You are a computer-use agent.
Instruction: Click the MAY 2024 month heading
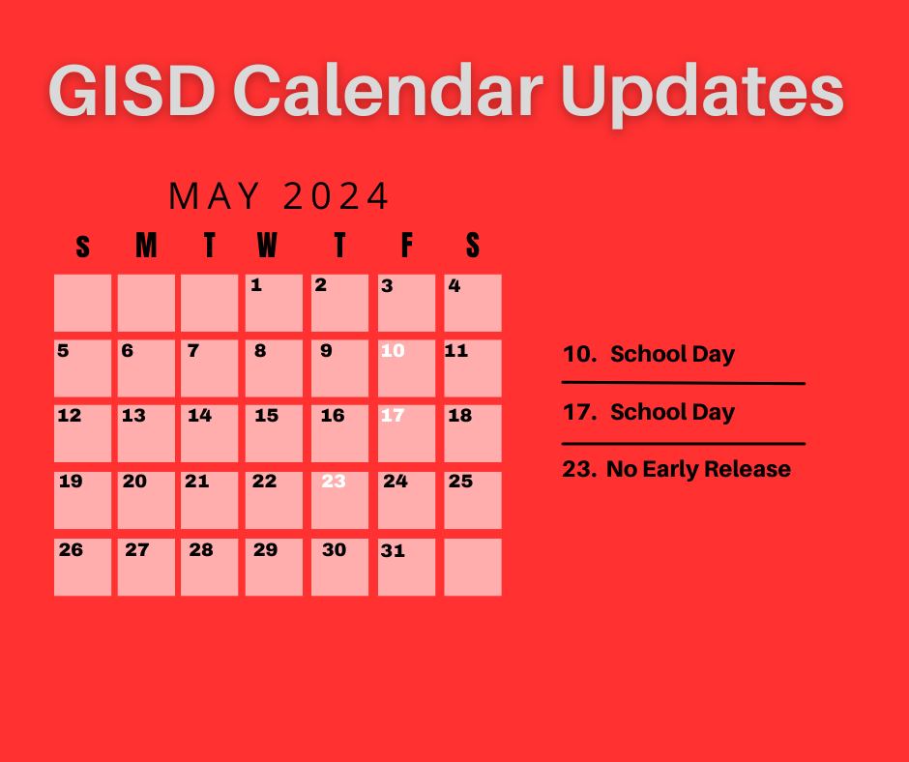pos(279,196)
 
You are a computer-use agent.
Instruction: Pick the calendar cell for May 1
pos(274,303)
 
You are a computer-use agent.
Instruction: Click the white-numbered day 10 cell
pos(406,367)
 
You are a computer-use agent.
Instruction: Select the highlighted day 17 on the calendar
pos(406,432)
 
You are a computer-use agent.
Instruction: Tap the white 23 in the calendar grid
pos(339,499)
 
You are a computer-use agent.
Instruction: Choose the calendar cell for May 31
pos(406,566)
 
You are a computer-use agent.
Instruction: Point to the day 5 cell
pos(82,367)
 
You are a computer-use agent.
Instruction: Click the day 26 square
pos(82,566)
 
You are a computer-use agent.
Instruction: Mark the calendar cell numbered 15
pos(274,432)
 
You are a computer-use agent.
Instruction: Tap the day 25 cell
pos(473,499)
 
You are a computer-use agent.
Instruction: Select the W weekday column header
pos(267,247)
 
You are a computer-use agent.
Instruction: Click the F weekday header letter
pos(406,247)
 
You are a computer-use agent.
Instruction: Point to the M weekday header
pos(146,247)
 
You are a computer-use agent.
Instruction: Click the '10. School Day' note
pos(649,354)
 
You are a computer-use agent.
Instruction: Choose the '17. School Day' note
pos(649,412)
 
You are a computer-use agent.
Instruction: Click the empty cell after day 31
pos(473,566)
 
